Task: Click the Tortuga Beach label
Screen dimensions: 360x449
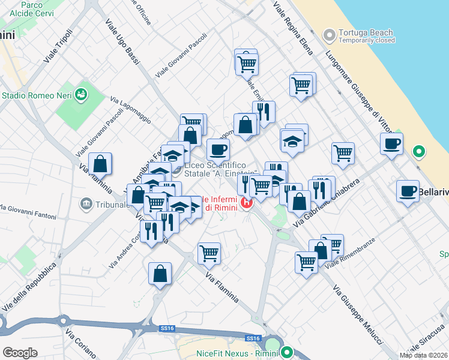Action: tap(366, 33)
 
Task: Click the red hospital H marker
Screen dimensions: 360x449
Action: tap(246, 203)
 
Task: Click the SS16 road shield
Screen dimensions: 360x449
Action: tap(167, 328)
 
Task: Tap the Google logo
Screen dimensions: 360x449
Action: tap(20, 352)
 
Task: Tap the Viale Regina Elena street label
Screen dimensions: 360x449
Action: tap(293, 28)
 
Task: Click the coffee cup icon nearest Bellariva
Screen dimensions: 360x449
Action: tap(408, 191)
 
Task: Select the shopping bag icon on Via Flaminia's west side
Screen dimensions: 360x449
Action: tap(100, 163)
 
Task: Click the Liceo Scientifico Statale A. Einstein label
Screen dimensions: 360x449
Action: tap(223, 169)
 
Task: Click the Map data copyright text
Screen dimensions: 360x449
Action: tap(423, 355)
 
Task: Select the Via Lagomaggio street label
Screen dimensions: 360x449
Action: tap(131, 107)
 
